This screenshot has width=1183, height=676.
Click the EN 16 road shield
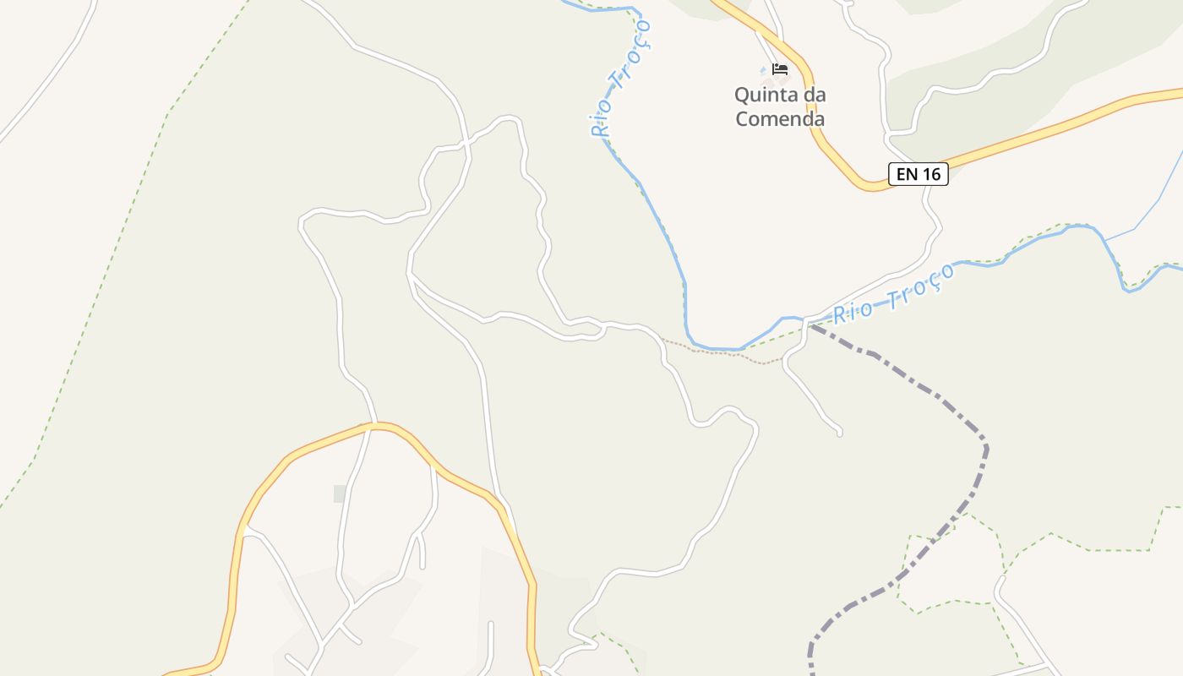pyautogui.click(x=919, y=175)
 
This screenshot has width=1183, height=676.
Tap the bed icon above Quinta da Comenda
pyautogui.click(x=780, y=69)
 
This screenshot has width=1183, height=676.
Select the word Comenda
pyautogui.click(x=779, y=118)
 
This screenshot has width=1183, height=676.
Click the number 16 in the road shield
pyautogui.click(x=930, y=175)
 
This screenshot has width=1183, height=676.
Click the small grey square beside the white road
pyautogui.click(x=340, y=493)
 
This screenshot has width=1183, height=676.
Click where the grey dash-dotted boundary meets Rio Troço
pyautogui.click(x=809, y=322)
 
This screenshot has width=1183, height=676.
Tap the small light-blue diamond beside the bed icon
pyautogui.click(x=763, y=69)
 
